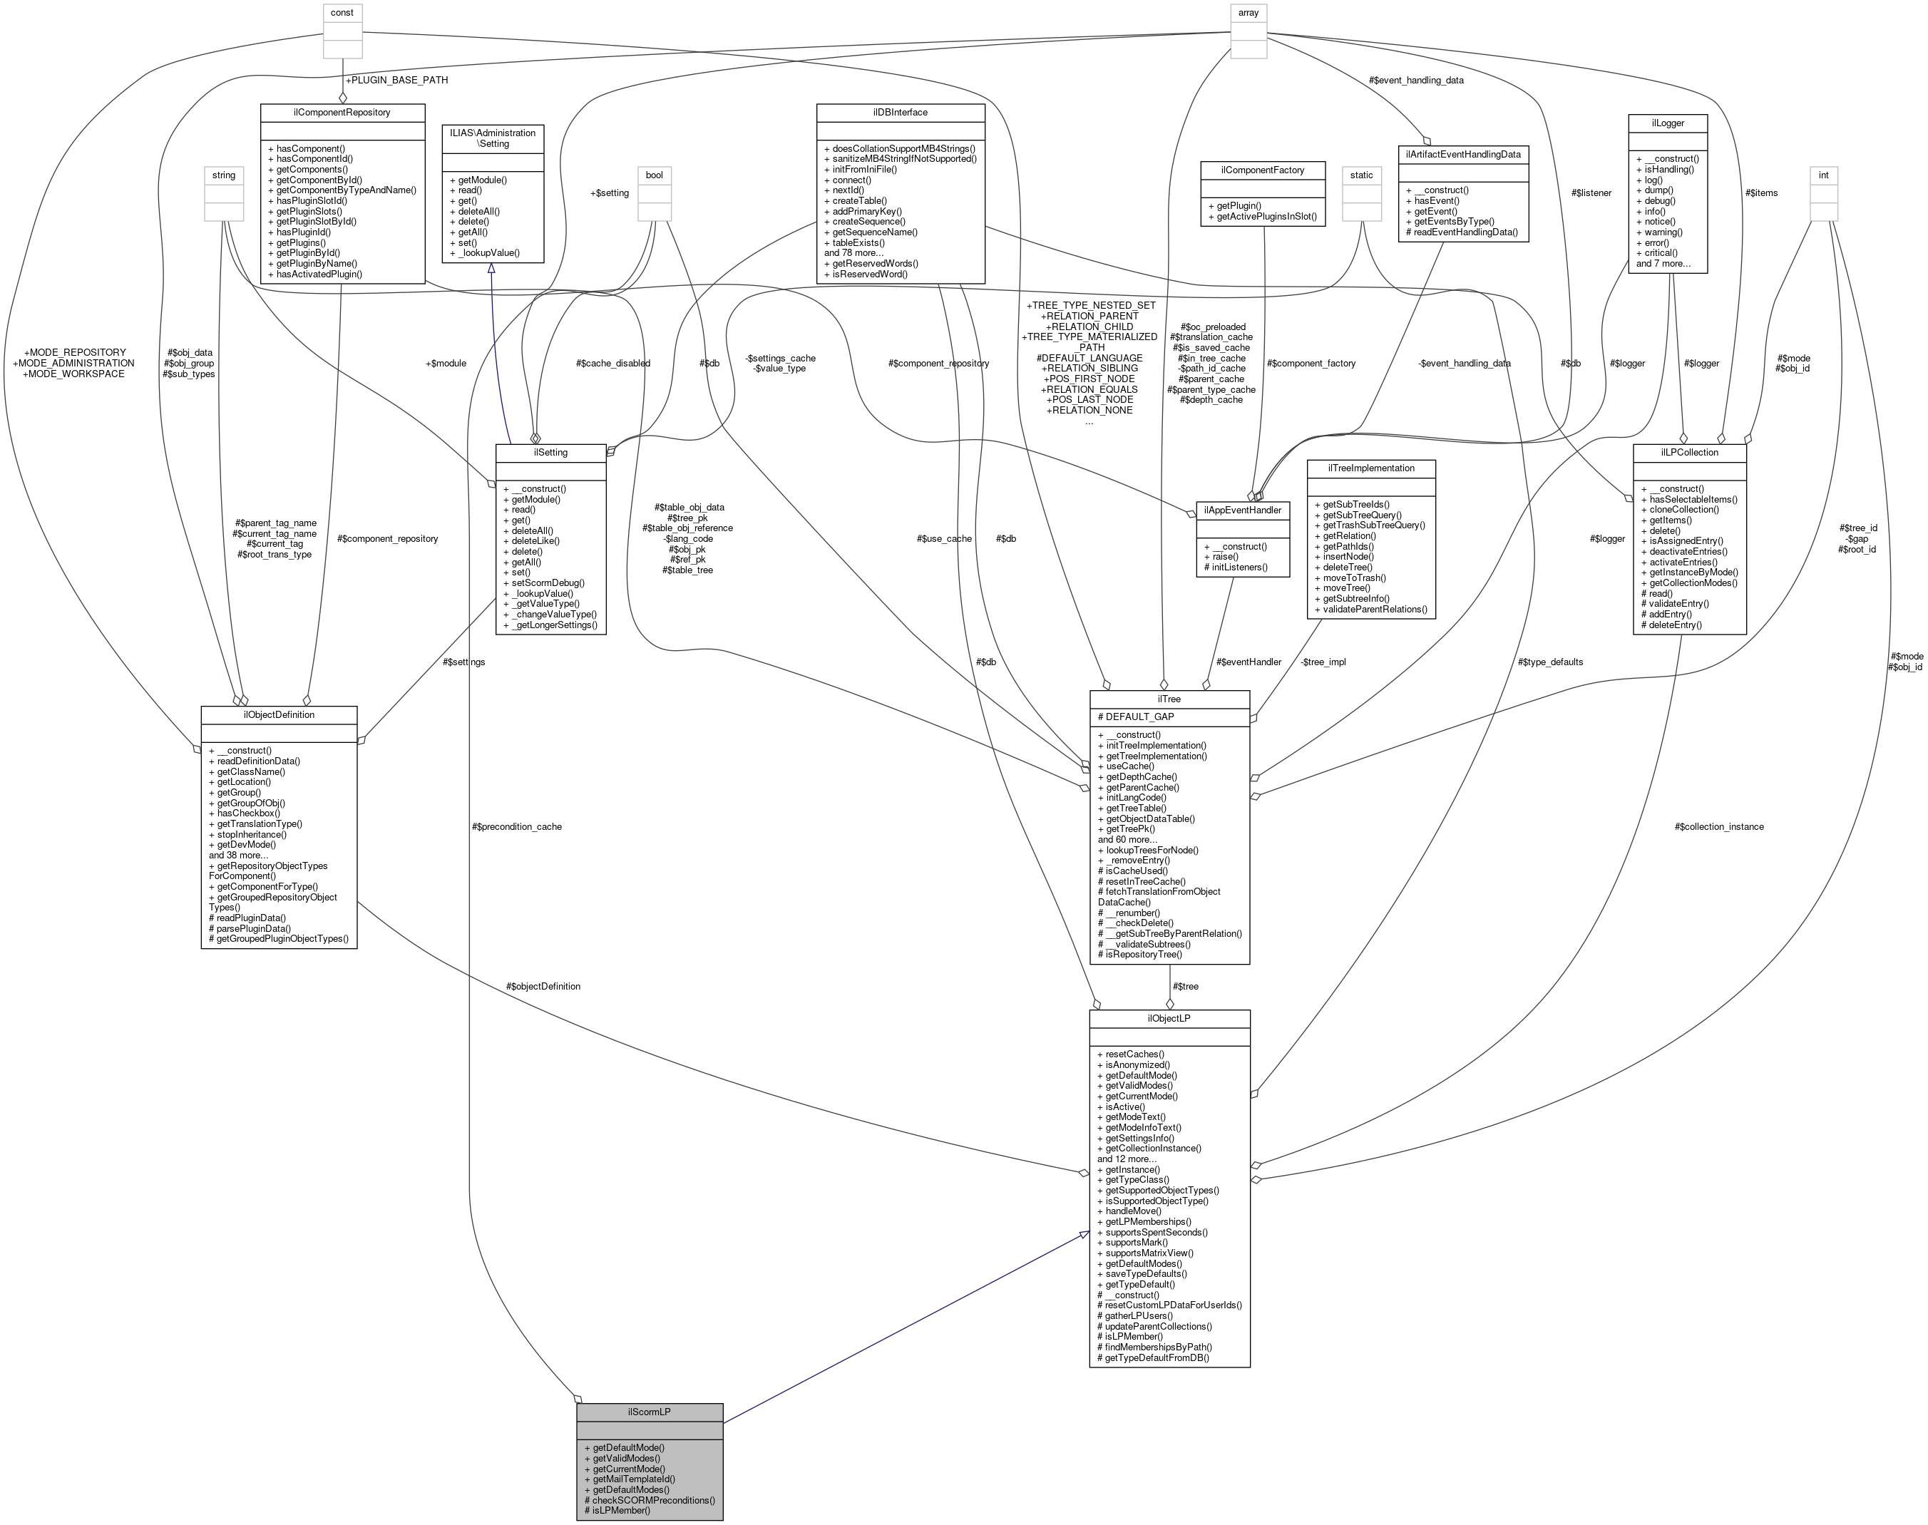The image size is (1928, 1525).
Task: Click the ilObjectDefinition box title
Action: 279,714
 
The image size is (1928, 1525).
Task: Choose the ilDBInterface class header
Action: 899,113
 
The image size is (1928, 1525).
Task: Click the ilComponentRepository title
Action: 342,113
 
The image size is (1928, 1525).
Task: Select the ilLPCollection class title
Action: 1688,452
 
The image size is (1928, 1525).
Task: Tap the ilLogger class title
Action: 1667,123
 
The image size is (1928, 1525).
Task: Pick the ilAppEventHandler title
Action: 1242,510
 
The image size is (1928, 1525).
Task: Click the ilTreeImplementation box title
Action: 1370,468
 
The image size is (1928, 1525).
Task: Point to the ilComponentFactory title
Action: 1263,170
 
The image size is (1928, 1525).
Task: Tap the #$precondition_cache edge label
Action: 517,827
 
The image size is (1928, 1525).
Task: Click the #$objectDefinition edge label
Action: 543,987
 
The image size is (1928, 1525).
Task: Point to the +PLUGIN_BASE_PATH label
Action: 396,81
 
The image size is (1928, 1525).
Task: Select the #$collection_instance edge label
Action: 1719,827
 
